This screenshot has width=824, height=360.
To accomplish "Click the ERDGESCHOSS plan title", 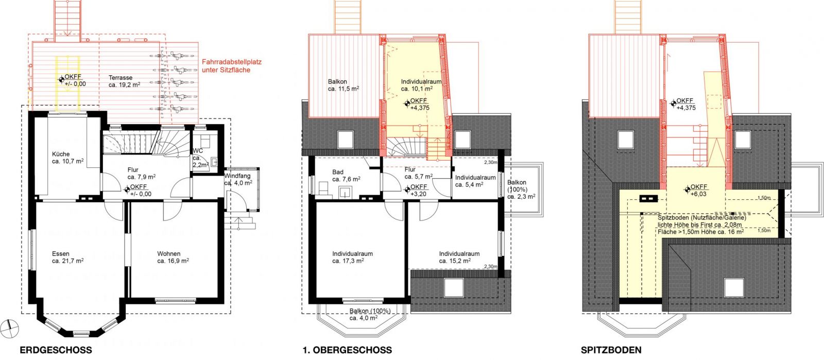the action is [x=56, y=350].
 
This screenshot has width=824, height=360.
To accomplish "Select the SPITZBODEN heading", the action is [x=611, y=350].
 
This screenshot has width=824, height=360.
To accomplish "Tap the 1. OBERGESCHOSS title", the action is [x=347, y=350].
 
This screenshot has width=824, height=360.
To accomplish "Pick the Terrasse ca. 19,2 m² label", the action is [x=124, y=81].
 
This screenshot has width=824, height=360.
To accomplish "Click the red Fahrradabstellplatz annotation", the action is [x=232, y=66].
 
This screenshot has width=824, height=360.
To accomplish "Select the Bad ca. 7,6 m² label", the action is [x=346, y=176].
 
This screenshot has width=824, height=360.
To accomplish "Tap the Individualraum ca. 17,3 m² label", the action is [x=352, y=257].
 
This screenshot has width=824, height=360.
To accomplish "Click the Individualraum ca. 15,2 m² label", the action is [x=459, y=257].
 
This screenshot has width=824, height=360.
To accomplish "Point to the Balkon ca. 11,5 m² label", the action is [x=344, y=85].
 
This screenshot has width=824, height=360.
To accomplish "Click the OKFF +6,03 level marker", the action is [x=695, y=190].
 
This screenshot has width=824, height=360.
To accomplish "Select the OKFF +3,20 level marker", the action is [x=416, y=190].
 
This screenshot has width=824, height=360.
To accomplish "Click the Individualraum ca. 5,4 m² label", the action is [x=476, y=181].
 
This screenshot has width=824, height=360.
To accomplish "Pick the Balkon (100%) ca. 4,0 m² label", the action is [x=370, y=314].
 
